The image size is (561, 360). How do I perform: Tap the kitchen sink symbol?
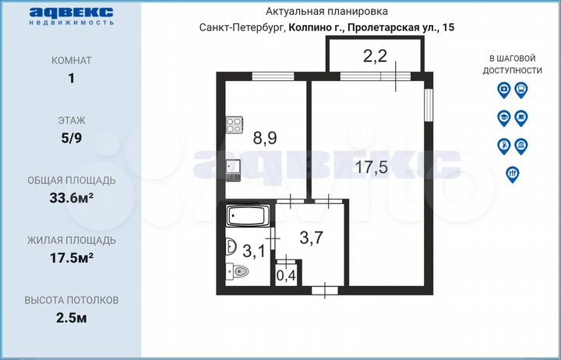(x=233, y=168)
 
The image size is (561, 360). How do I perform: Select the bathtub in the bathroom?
(x=248, y=214)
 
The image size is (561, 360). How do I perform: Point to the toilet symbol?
(x=237, y=272)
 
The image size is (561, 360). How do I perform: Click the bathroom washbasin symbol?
(x=230, y=247)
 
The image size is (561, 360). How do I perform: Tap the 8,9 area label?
(x=265, y=138)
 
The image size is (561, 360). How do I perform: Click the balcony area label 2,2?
(x=375, y=55)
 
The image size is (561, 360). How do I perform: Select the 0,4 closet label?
(x=287, y=274)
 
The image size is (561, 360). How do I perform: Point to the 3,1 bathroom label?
(x=253, y=251)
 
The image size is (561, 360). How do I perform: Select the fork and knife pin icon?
(x=513, y=174)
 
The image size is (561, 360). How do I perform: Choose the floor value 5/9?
(x=72, y=138)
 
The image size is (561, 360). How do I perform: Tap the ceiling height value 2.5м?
(x=72, y=317)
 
